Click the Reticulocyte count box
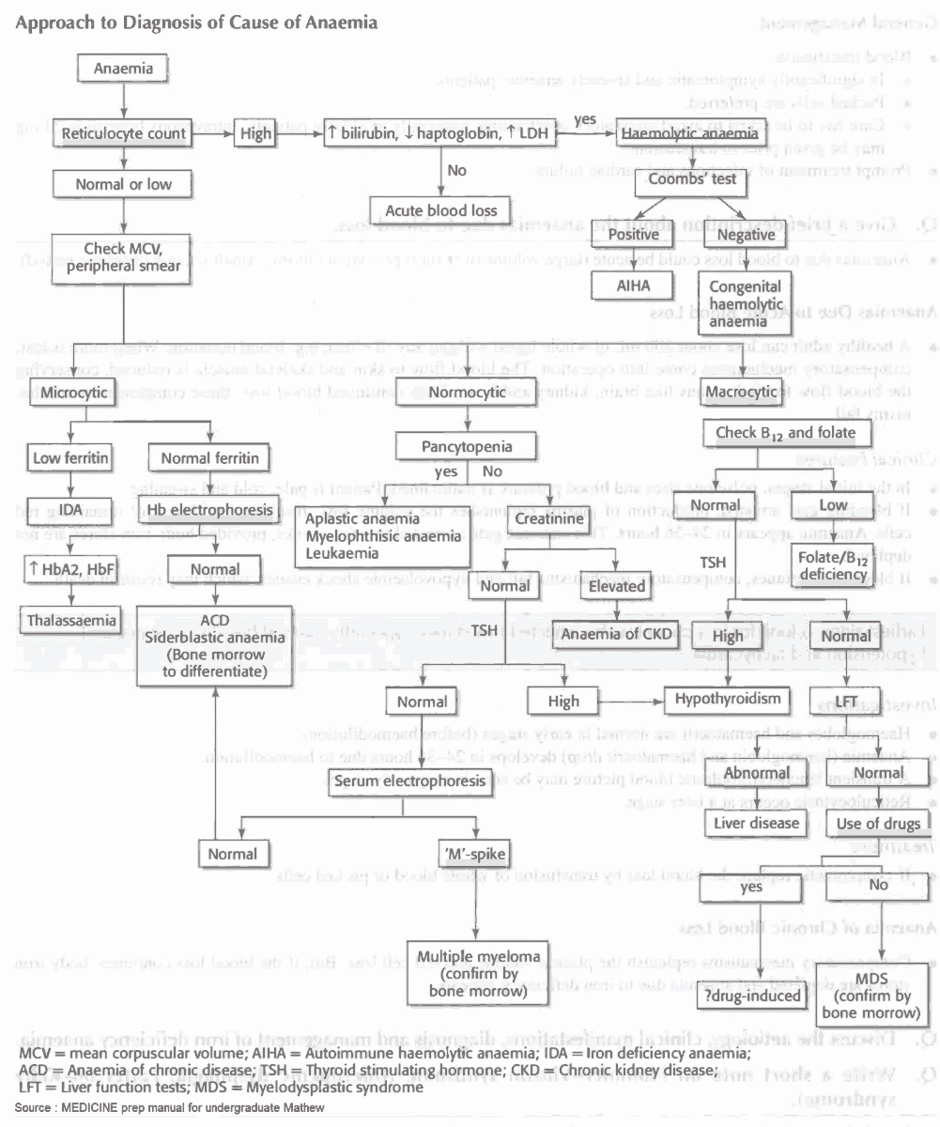point(124,134)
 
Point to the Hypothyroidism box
point(723,699)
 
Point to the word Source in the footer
point(33,1109)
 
